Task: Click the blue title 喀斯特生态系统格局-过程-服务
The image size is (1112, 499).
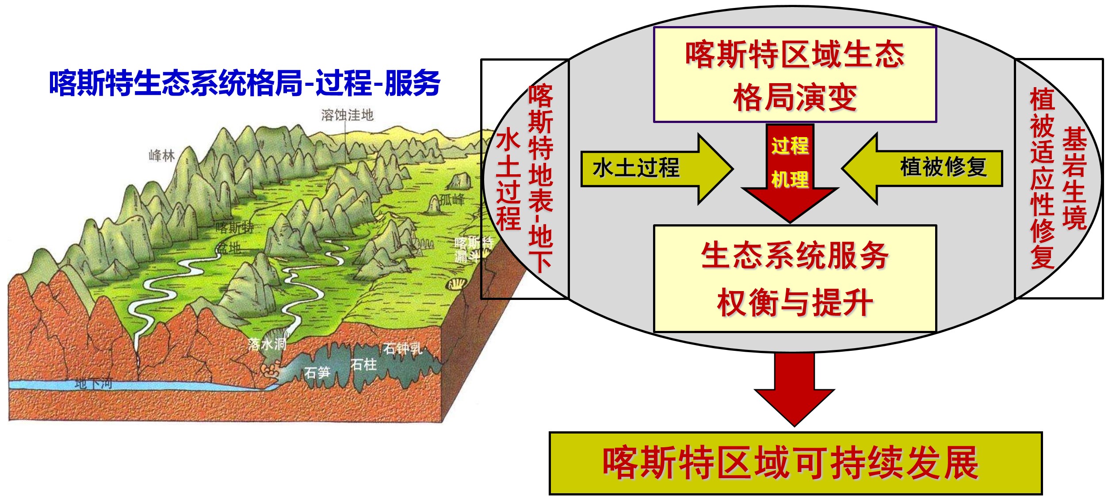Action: [245, 83]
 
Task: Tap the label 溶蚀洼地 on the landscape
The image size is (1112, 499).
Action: [347, 115]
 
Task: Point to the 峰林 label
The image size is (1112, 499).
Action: [161, 156]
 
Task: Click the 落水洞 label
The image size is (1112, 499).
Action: [267, 344]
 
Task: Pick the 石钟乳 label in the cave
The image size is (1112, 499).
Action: [402, 349]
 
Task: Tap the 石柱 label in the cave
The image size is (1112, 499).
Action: [363, 365]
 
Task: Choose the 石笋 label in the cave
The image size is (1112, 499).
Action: [317, 372]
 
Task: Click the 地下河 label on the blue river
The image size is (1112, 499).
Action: [93, 383]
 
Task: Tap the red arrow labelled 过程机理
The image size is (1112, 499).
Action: [790, 168]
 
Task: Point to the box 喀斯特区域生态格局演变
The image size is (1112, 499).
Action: [795, 75]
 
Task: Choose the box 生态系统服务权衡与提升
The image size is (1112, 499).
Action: [795, 278]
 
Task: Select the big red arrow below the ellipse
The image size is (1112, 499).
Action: [795, 389]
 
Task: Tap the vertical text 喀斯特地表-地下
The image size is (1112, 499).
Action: [540, 177]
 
